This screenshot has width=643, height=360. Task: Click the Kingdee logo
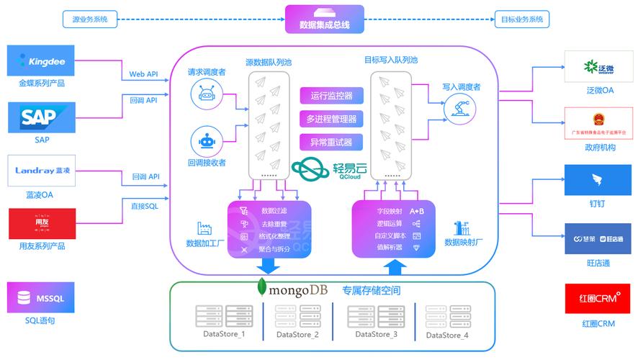(x=41, y=60)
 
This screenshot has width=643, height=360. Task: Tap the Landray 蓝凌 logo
(x=41, y=171)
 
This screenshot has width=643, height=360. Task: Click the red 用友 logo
(x=41, y=223)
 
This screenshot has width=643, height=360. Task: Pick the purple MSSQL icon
(x=41, y=297)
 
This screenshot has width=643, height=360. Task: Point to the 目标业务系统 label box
(x=522, y=19)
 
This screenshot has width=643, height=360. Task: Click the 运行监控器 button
(x=331, y=96)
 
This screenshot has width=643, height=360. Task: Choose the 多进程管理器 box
(x=331, y=119)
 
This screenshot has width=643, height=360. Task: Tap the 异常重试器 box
(x=331, y=142)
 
